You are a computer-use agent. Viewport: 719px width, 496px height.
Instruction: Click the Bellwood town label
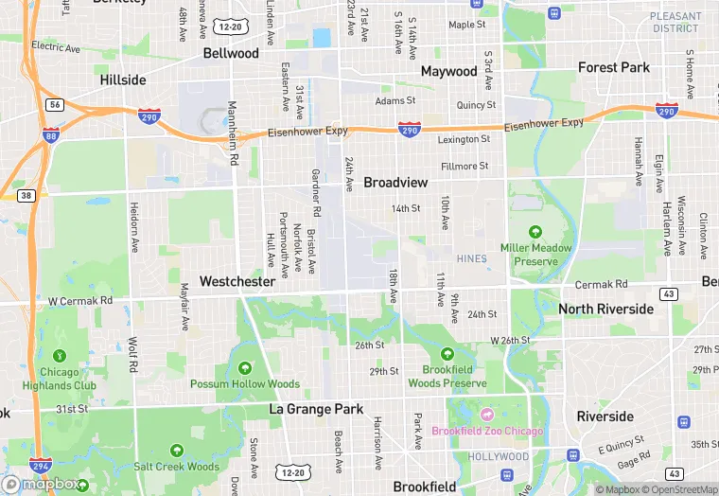(231, 53)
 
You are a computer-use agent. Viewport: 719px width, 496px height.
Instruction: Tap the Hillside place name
(123, 80)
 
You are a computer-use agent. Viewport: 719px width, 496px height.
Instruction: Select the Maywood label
(448, 71)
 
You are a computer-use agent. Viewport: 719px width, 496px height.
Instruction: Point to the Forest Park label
(614, 67)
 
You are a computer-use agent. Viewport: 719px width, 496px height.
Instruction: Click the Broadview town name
(395, 182)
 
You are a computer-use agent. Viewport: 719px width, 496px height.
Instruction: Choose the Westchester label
(237, 281)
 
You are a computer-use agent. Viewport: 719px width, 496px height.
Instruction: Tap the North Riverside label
(605, 309)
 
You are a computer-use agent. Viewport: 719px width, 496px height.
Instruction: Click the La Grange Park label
(316, 409)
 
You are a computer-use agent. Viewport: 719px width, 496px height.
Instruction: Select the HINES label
(470, 258)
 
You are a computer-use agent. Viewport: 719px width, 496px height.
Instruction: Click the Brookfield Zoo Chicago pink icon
(487, 415)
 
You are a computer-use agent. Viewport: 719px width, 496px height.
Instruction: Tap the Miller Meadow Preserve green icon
(535, 231)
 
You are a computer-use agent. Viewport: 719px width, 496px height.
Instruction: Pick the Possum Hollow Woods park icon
(245, 367)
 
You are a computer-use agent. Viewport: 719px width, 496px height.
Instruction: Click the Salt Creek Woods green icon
(176, 450)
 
